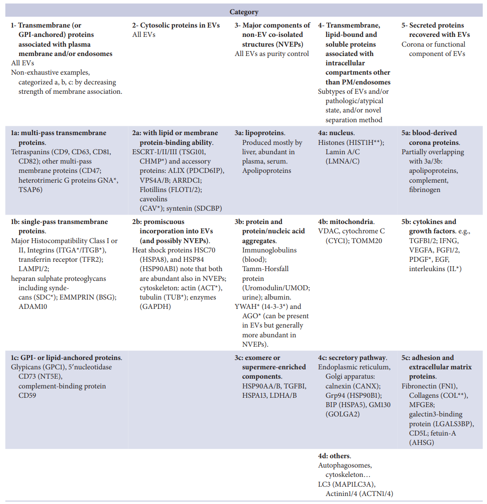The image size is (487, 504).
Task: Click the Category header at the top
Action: click(x=244, y=12)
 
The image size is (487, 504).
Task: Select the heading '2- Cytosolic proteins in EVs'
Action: click(x=176, y=25)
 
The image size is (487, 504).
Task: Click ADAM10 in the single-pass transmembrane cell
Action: click(x=33, y=307)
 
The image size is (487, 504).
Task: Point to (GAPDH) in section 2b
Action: click(x=155, y=307)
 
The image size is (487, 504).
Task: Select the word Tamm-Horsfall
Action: click(x=265, y=269)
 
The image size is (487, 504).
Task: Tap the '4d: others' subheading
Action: click(x=334, y=456)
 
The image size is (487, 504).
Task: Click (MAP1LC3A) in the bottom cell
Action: click(x=353, y=484)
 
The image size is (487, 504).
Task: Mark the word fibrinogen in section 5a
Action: click(x=425, y=190)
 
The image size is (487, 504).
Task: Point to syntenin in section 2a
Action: click(x=179, y=208)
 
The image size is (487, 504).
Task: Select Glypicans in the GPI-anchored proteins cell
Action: click(x=26, y=367)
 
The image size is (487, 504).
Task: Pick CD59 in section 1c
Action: click(x=27, y=396)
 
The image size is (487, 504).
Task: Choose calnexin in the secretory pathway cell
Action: click(x=340, y=386)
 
